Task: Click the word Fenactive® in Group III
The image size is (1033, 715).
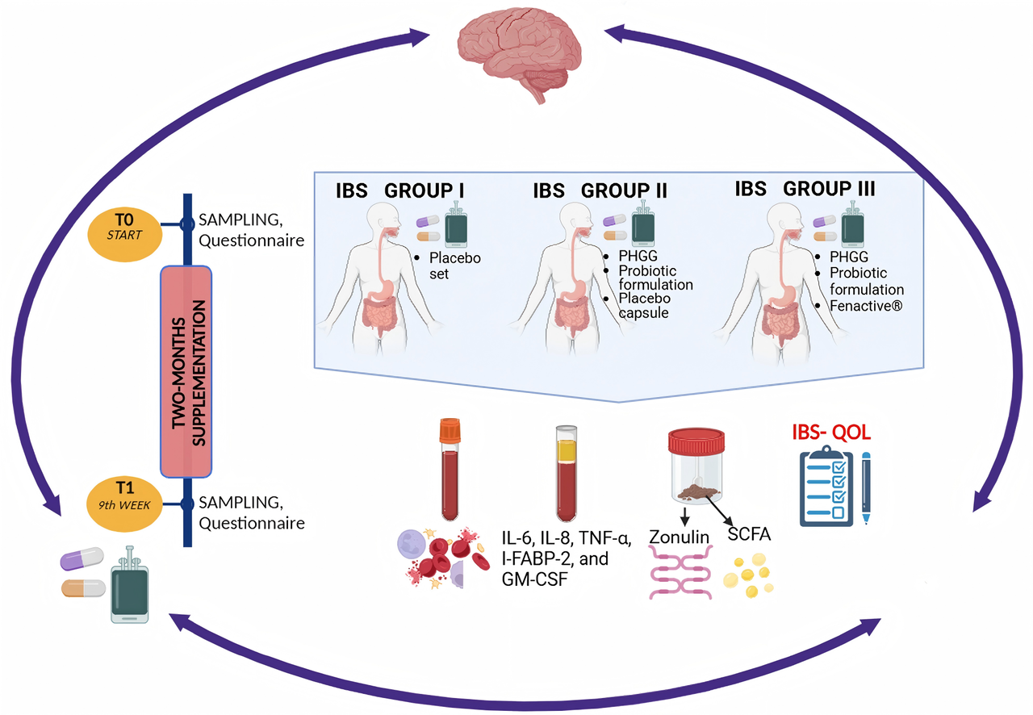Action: [866, 305]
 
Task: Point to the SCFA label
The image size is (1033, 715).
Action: [750, 537]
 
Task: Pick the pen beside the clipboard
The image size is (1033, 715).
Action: [866, 488]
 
